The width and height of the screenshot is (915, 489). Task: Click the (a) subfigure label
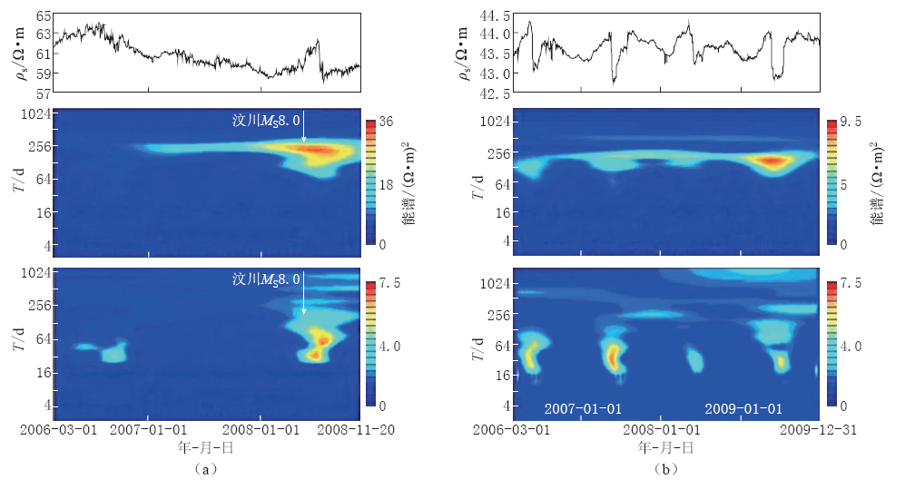pyautogui.click(x=206, y=470)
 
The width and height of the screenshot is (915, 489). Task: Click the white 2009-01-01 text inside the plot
pyautogui.click(x=743, y=409)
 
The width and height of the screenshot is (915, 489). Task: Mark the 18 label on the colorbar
pyautogui.click(x=384, y=184)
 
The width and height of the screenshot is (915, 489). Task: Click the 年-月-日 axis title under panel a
pyautogui.click(x=206, y=447)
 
